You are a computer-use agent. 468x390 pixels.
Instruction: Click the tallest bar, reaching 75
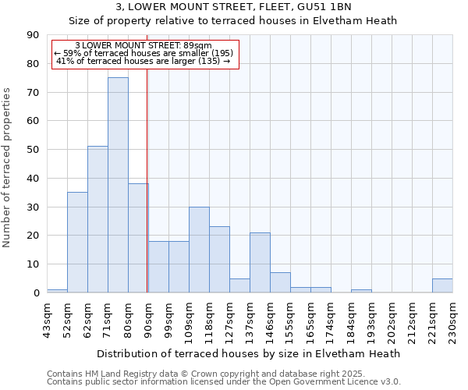[x=118, y=185]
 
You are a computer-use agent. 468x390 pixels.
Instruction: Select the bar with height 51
[x=97, y=219]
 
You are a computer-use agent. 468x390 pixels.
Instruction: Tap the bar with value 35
[x=77, y=242]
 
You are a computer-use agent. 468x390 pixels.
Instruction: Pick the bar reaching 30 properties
[x=199, y=250]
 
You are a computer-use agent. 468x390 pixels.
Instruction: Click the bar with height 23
[x=219, y=259]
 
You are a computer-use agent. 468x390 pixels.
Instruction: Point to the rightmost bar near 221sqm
[x=442, y=285]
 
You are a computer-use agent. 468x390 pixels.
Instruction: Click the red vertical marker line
[x=147, y=195]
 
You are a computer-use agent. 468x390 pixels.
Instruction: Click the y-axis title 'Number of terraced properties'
[x=8, y=167]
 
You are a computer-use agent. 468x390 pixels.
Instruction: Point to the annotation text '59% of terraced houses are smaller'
[x=144, y=53]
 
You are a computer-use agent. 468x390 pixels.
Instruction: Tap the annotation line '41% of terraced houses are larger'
[x=144, y=61]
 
